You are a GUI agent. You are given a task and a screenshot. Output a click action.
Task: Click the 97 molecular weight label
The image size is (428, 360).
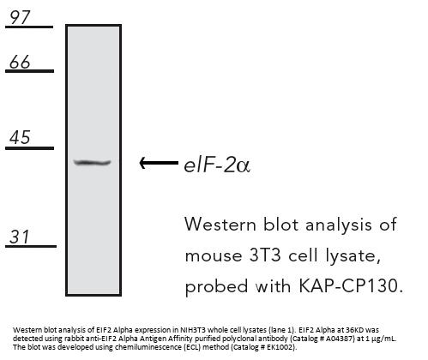point(20,18)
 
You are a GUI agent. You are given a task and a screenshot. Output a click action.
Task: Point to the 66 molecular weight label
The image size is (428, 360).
point(20,62)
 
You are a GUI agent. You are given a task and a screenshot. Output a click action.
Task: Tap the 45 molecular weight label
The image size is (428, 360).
point(20,137)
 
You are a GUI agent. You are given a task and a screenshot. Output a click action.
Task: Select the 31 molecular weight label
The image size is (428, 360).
point(19,237)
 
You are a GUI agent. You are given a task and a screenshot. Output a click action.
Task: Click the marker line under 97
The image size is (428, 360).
point(29,27)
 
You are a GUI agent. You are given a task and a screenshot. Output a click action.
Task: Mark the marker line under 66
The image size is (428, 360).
point(29,71)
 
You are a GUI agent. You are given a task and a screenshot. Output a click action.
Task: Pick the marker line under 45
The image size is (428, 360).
point(29,148)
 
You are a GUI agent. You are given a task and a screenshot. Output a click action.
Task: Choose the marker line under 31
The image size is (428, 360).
point(31,246)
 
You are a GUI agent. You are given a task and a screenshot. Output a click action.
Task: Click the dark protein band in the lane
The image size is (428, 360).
point(92,163)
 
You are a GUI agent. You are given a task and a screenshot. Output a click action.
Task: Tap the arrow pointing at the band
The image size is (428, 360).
point(159,163)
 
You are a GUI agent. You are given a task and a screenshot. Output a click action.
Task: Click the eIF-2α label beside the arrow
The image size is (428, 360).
point(217,165)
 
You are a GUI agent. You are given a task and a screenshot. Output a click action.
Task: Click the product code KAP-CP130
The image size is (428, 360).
point(351,285)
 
